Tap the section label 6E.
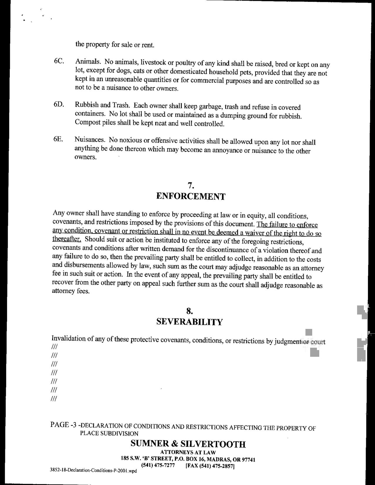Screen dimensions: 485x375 click(58, 139)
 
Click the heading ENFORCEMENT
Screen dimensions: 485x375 click(191, 196)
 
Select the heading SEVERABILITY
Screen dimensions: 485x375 click(190, 322)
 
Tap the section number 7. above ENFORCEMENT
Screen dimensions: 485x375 click(191, 185)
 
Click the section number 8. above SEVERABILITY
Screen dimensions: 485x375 click(190, 311)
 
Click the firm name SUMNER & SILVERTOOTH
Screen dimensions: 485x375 click(188, 444)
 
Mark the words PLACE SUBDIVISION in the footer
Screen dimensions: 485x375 click(109, 434)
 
